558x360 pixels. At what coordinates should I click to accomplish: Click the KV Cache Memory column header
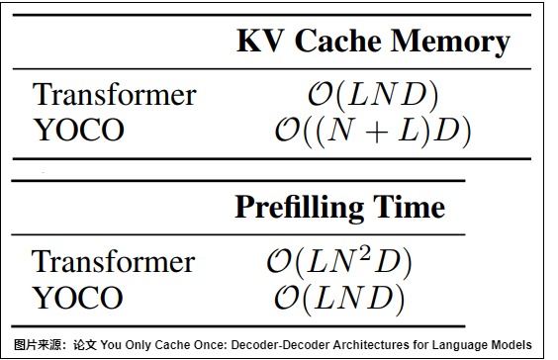point(373,42)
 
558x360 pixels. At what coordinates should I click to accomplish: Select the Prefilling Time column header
point(340,208)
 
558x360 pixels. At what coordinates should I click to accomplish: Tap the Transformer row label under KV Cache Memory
point(114,94)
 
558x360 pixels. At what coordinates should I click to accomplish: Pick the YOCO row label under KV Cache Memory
point(78,130)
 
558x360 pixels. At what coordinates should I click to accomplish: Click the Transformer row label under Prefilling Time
point(113,261)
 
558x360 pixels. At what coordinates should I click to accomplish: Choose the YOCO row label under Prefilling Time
point(78,298)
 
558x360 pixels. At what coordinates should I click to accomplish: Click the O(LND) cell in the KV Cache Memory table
point(373,95)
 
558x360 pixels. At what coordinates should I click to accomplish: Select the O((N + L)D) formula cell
point(373,131)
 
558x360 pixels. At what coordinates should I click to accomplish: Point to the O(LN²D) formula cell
point(339,262)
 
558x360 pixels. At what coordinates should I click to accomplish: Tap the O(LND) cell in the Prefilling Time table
point(339,299)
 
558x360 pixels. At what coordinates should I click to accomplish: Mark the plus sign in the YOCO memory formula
point(377,132)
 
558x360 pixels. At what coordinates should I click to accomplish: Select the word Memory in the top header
point(450,42)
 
